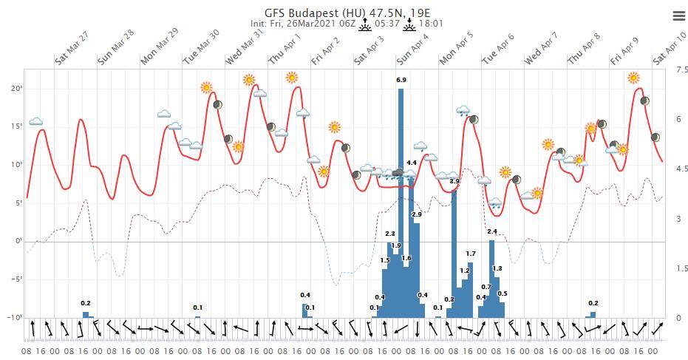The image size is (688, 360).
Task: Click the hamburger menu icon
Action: [678, 16]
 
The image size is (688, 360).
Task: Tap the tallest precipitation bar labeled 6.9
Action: [401, 200]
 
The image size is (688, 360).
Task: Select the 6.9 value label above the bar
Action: [401, 80]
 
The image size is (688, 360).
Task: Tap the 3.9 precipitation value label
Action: [454, 181]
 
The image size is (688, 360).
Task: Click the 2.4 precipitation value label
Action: [492, 231]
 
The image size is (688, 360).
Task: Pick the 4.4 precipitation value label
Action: [412, 163]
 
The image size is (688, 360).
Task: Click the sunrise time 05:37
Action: [387, 24]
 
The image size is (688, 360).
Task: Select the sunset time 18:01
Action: [431, 24]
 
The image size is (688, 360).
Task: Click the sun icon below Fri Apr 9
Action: [633, 78]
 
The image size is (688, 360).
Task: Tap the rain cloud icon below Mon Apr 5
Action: [463, 112]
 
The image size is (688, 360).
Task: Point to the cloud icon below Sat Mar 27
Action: [35, 121]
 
